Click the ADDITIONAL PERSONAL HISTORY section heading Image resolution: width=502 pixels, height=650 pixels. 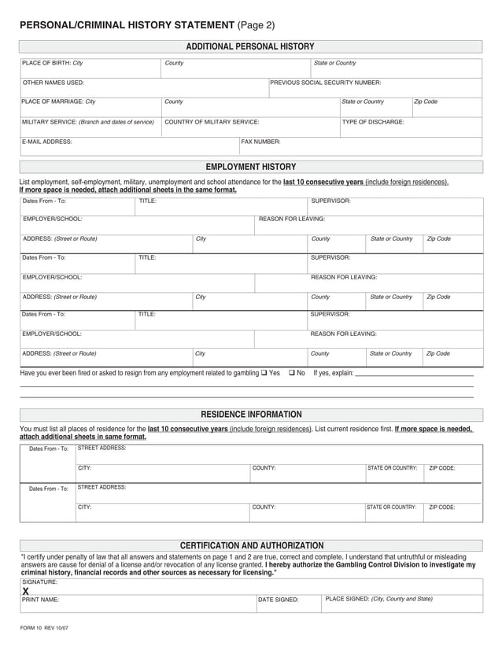point(250,46)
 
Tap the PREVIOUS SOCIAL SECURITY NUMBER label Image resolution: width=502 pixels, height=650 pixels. point(325,83)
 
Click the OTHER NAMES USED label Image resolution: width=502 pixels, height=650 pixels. point(53,83)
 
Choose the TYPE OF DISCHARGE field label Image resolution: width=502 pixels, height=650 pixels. point(373,122)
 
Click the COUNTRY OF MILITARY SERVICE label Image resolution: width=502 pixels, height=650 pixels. point(212,122)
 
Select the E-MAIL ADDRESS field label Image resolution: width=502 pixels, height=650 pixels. point(47,142)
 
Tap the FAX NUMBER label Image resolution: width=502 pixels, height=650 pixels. point(260,142)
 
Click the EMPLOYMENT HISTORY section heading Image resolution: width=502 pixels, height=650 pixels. point(250,167)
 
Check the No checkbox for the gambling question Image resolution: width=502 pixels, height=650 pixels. point(292,372)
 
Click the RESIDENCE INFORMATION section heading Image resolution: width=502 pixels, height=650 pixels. point(250,414)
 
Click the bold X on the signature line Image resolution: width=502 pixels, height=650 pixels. point(26,591)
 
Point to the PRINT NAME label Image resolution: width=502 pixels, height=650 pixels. point(41,600)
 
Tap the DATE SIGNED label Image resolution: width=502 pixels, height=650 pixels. point(279,600)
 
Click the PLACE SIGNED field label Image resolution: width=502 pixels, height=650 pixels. point(378,599)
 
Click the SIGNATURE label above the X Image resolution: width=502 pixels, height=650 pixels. point(39,582)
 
